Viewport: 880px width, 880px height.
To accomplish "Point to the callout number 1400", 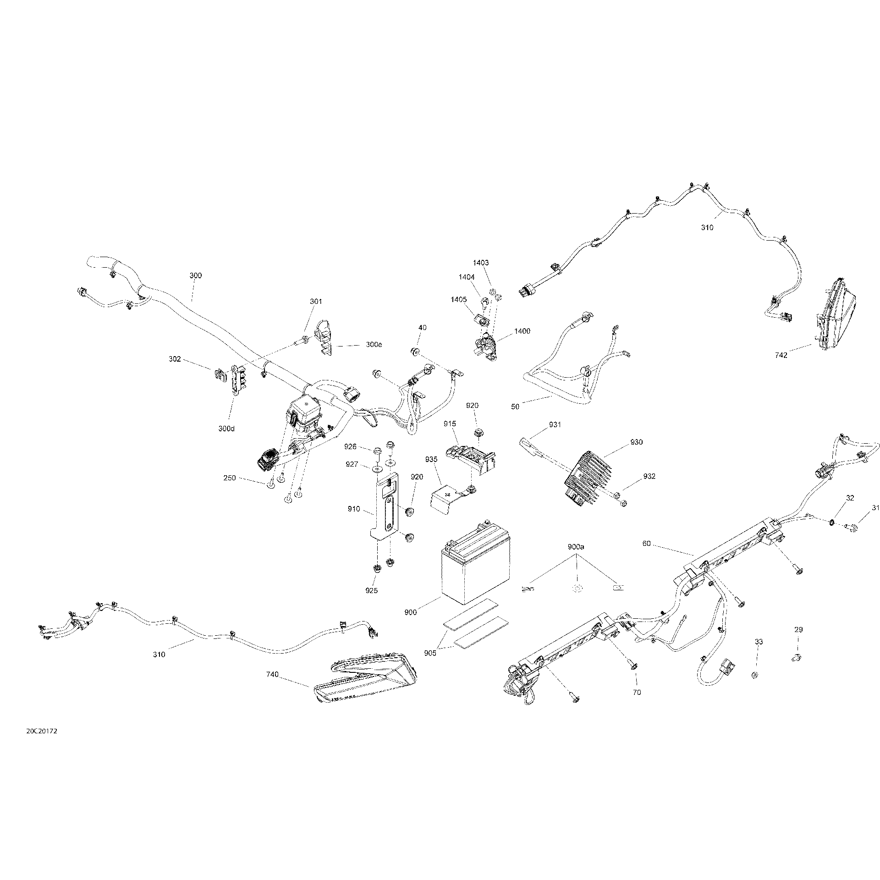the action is (522, 331).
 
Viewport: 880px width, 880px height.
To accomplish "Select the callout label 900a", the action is (576, 547).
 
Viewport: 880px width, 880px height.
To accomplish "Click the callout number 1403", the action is (481, 263).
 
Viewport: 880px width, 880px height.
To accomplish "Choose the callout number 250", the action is (230, 478).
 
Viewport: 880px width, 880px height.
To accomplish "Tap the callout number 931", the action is (555, 425).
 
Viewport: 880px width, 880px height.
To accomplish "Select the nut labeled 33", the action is (755, 674).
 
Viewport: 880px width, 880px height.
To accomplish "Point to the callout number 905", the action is (430, 654).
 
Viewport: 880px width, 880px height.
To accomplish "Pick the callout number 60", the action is (646, 544).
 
